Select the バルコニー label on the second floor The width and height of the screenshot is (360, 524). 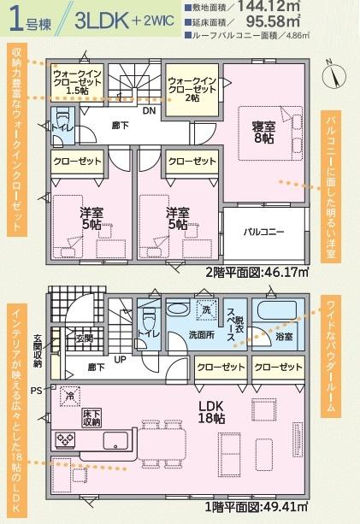263,232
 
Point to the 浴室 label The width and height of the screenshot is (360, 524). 283,338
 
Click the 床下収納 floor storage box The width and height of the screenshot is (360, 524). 92,417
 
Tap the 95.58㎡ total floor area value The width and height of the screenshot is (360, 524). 276,23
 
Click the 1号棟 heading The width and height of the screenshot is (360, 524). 29,21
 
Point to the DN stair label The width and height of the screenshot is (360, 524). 148,110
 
